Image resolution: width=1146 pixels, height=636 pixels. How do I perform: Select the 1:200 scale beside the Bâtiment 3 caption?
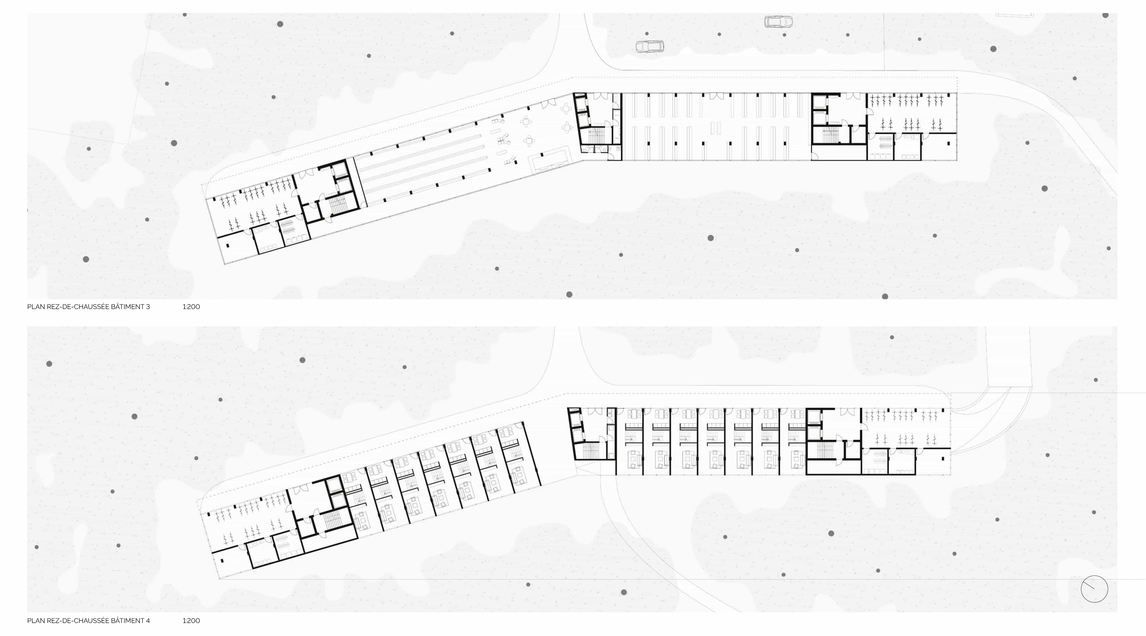pyautogui.click(x=191, y=307)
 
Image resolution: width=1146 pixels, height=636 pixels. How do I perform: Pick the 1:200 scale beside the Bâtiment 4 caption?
pyautogui.click(x=191, y=620)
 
